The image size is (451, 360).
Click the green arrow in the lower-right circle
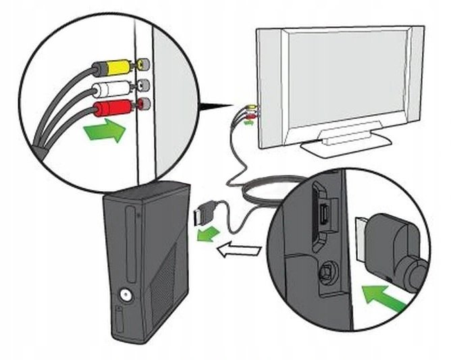384,296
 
